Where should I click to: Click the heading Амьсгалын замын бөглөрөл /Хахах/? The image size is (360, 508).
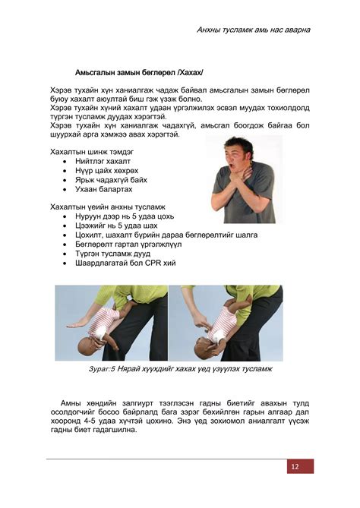click(139, 73)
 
